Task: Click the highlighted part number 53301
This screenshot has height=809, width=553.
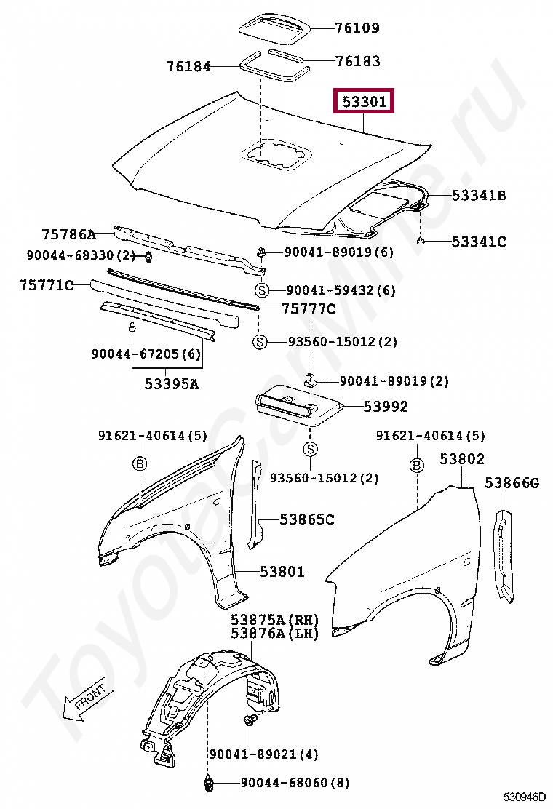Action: (x=363, y=103)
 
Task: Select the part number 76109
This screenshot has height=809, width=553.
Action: (x=357, y=28)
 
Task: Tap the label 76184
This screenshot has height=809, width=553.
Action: (x=188, y=67)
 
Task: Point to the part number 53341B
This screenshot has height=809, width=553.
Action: (x=478, y=195)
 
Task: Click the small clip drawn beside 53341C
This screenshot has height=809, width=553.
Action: (x=421, y=240)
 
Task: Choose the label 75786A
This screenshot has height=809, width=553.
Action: (x=68, y=234)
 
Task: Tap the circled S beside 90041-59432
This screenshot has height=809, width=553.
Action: (x=262, y=291)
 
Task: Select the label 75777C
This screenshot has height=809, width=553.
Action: (x=309, y=309)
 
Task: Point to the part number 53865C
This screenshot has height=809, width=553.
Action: (x=307, y=519)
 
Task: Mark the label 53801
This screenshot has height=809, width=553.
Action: (x=282, y=572)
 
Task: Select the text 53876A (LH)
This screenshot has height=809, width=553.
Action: (x=275, y=634)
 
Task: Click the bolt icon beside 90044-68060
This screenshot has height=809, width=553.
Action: (x=207, y=784)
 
